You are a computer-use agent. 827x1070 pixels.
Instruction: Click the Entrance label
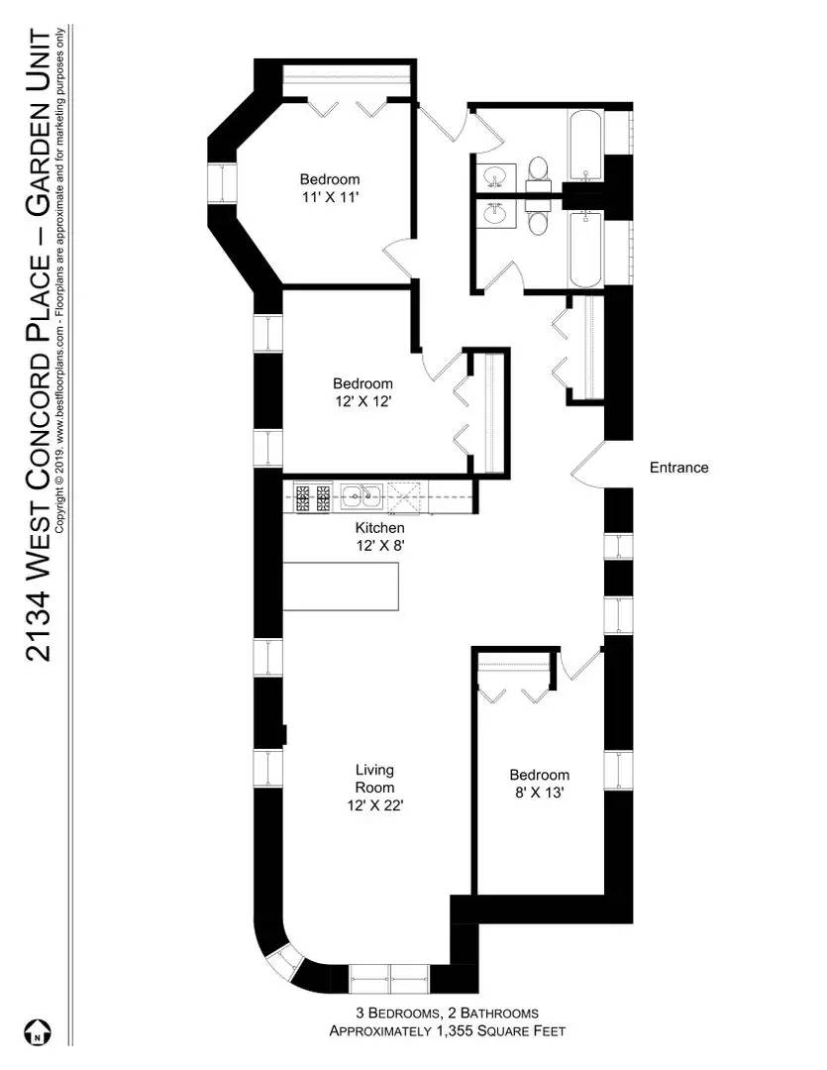tap(678, 468)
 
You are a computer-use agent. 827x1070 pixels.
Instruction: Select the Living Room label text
tap(374, 779)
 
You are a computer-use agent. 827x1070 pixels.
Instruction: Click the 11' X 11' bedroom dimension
tap(330, 197)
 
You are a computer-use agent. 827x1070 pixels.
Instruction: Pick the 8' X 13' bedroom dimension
tap(539, 793)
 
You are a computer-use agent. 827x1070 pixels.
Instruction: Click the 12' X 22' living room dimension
tap(374, 805)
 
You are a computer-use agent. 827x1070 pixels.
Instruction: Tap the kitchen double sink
tap(362, 494)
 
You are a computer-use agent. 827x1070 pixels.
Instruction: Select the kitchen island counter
tap(342, 587)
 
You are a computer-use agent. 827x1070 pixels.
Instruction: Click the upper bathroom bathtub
tap(585, 146)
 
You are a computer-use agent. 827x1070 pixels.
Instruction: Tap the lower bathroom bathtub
tap(585, 250)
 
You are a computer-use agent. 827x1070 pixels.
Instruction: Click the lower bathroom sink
tap(494, 213)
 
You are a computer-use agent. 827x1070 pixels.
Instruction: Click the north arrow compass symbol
tap(36, 1031)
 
